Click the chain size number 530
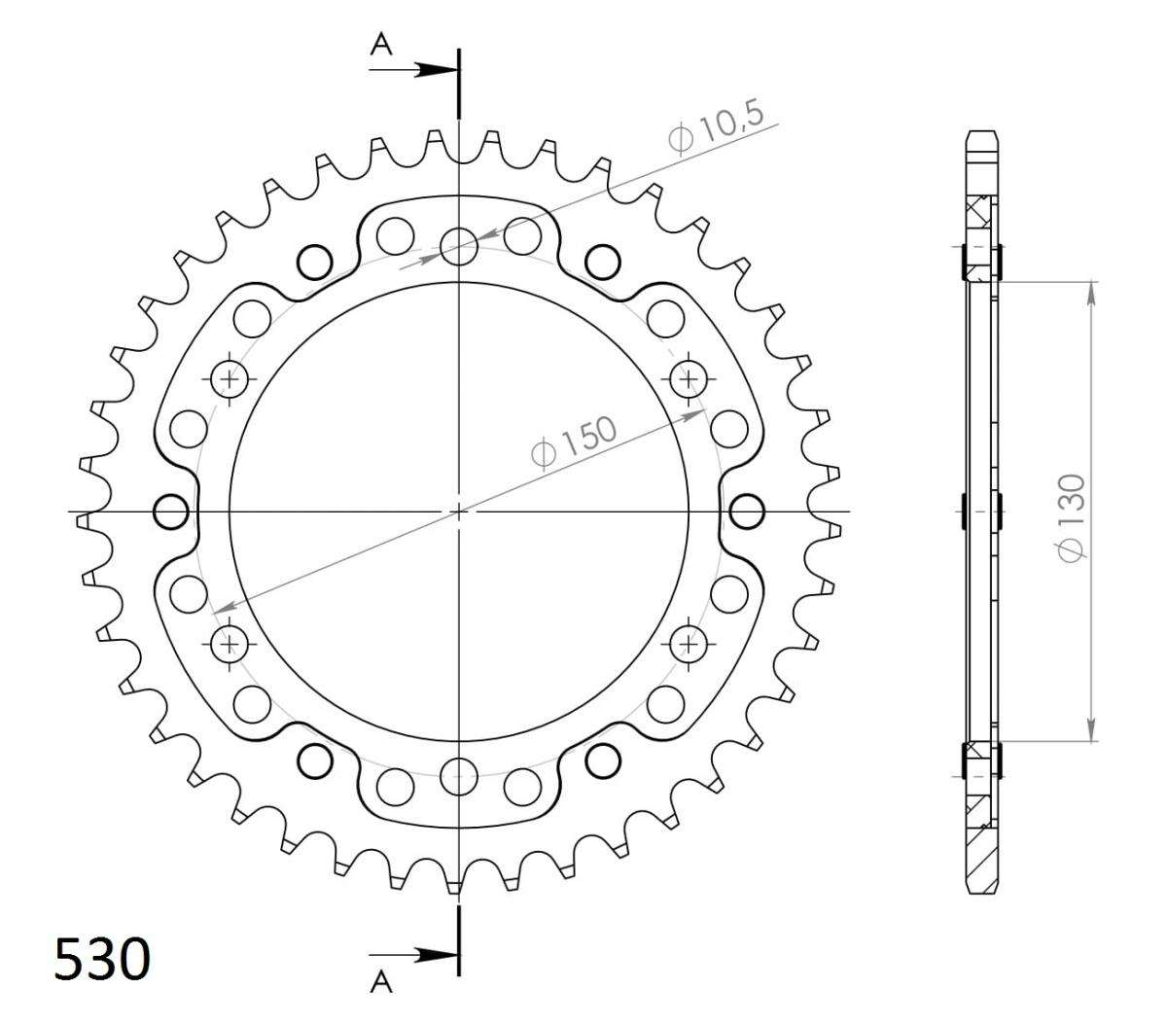pyautogui.click(x=102, y=959)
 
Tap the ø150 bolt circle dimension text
pyautogui.click(x=574, y=443)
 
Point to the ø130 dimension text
pyautogui.click(x=1072, y=517)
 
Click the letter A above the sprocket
pyautogui.click(x=381, y=45)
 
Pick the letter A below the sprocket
pyautogui.click(x=381, y=984)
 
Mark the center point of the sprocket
pyautogui.click(x=459, y=511)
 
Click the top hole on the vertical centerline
pyautogui.click(x=459, y=246)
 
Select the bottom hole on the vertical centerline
pyautogui.click(x=459, y=775)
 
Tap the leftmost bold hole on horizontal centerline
pyautogui.click(x=172, y=511)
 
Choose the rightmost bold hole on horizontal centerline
pyautogui.click(x=746, y=511)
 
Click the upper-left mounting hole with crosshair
pyautogui.click(x=230, y=377)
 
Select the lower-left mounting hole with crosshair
pyautogui.click(x=230, y=643)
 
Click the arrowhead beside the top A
pyautogui.click(x=440, y=70)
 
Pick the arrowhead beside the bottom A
pyautogui.click(x=440, y=956)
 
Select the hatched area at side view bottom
pyautogui.click(x=981, y=856)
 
